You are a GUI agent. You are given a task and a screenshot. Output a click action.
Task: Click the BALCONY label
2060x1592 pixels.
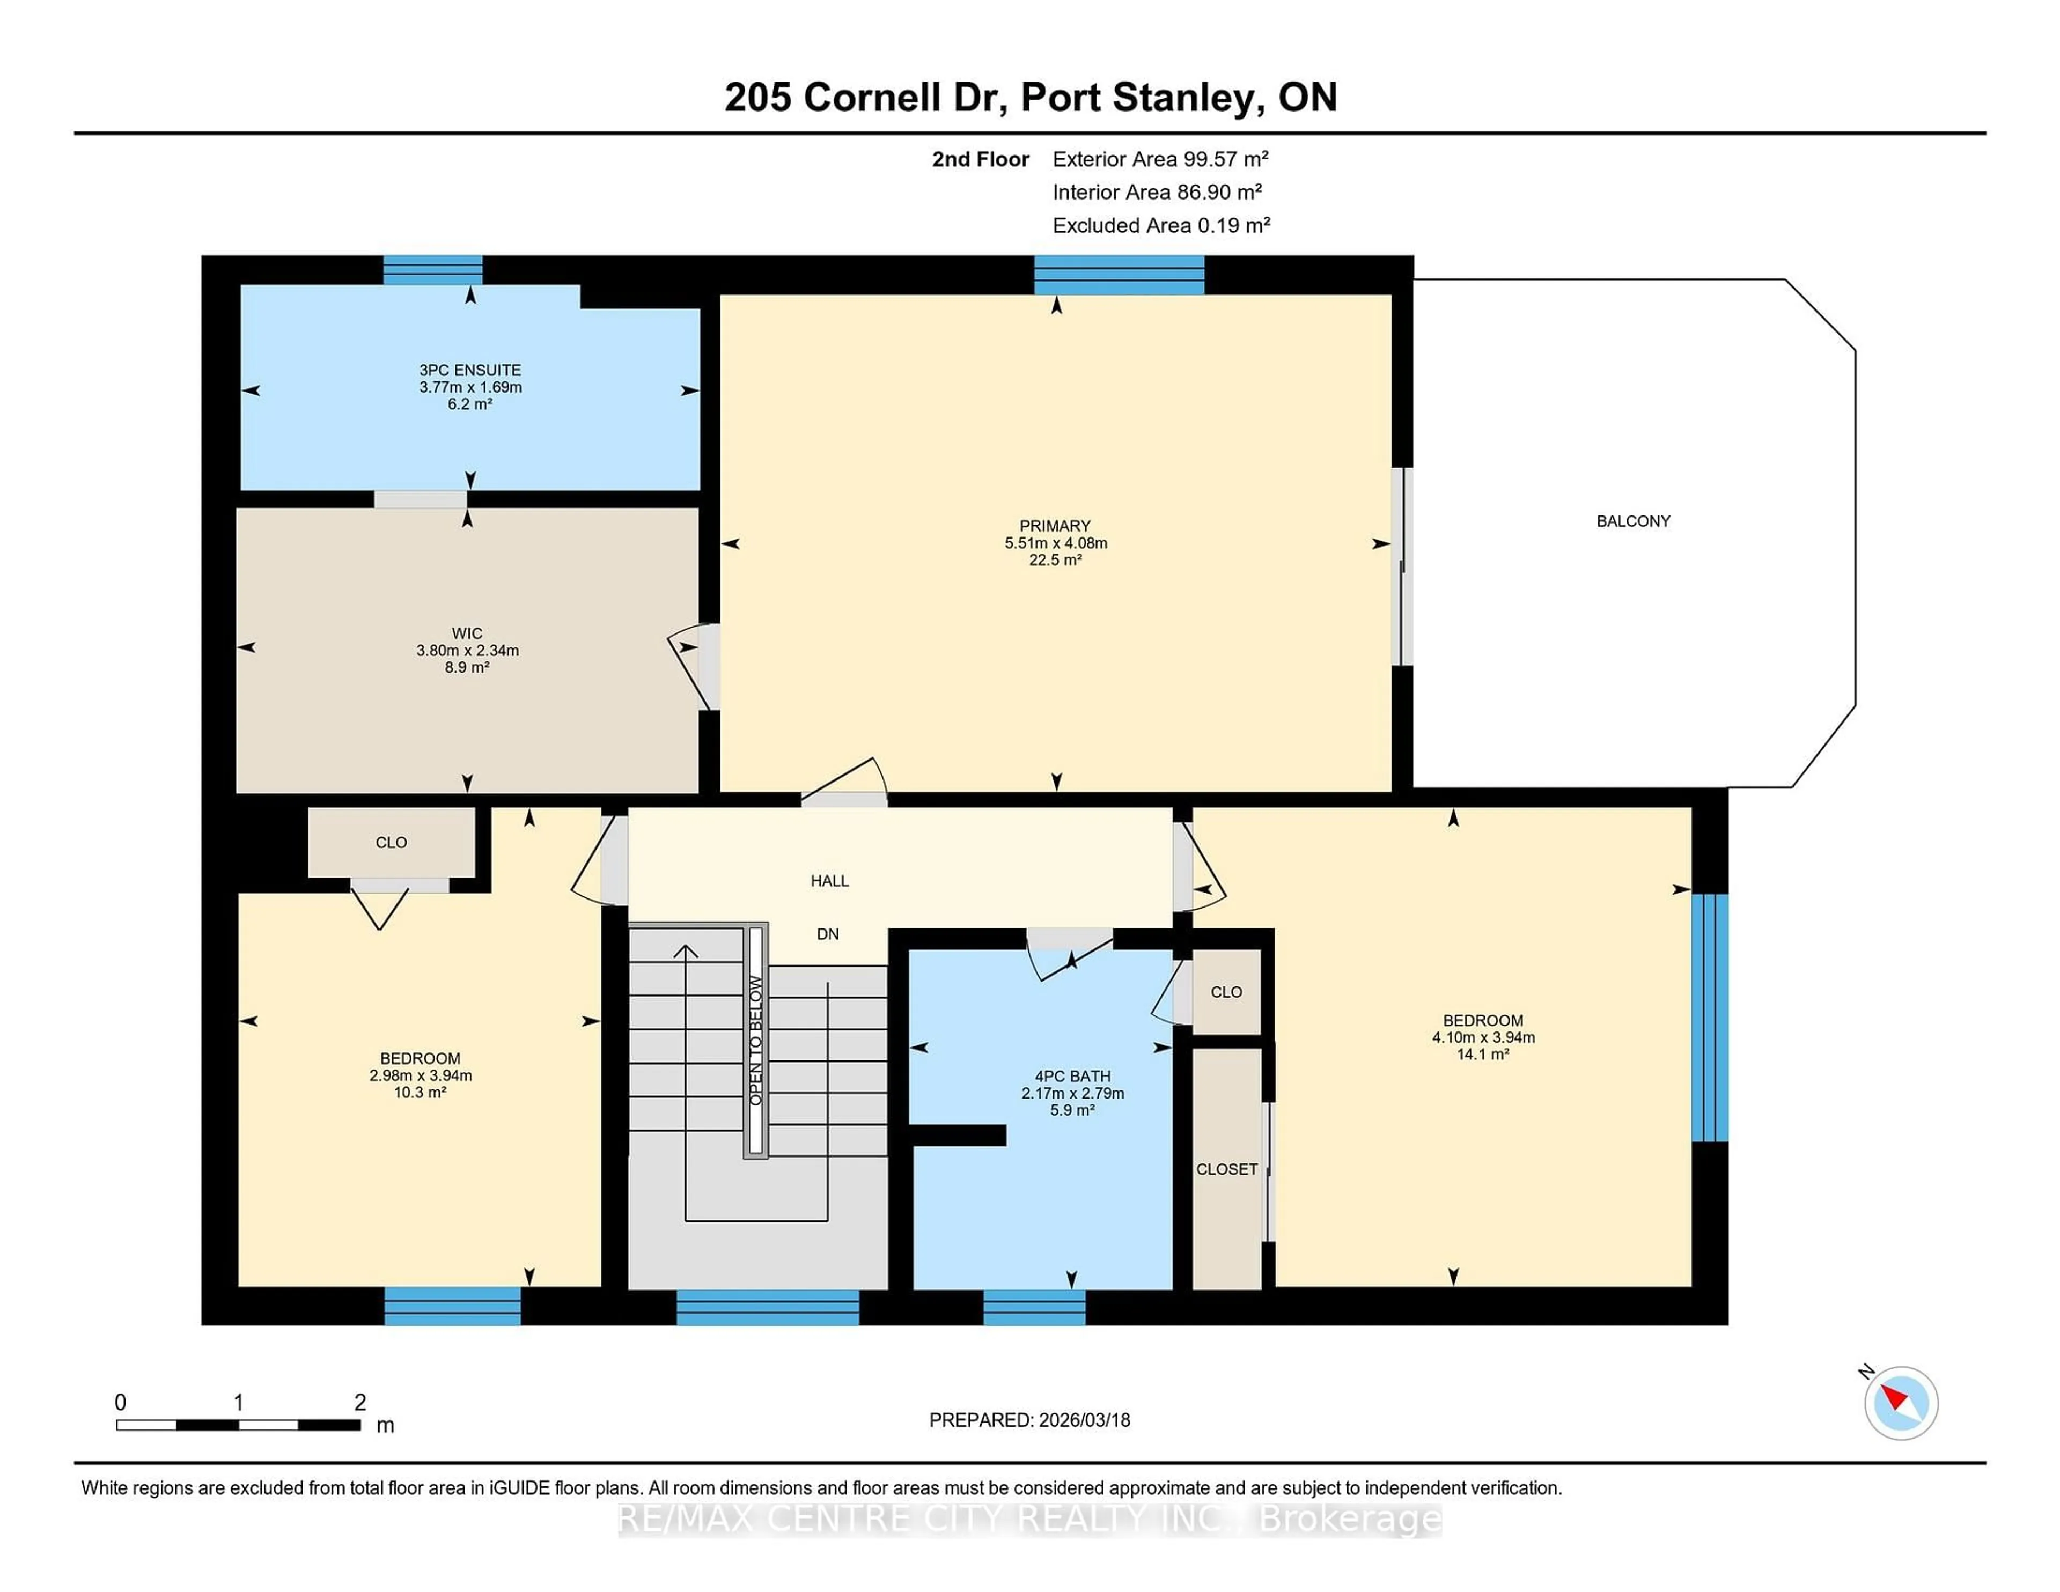click(1633, 521)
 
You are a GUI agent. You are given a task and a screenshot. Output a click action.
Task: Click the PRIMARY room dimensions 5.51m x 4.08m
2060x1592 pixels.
click(1055, 543)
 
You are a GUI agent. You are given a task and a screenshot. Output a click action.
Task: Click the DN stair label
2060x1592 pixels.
click(827, 934)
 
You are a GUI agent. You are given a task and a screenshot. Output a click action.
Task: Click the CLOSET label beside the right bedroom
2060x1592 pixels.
click(1226, 1169)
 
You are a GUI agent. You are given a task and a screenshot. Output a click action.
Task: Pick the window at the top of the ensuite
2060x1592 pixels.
click(433, 270)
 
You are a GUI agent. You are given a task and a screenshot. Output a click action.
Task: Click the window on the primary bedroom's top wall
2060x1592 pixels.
click(1119, 275)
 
